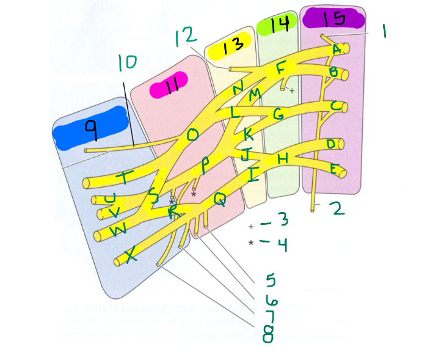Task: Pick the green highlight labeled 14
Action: [x=277, y=25]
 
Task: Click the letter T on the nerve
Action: [x=125, y=177]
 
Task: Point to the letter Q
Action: [x=220, y=199]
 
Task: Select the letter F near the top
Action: [x=280, y=68]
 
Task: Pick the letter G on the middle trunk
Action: [x=279, y=114]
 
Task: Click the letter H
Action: [x=282, y=158]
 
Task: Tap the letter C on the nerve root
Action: [x=334, y=106]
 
